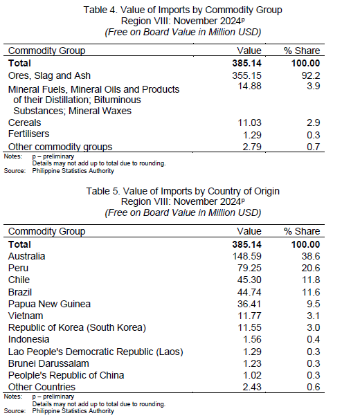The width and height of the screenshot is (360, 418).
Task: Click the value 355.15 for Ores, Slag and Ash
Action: point(246,75)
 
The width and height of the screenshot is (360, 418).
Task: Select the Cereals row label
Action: point(24,122)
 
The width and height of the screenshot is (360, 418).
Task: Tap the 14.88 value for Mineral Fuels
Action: point(250,86)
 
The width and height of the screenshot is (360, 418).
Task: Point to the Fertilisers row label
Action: point(29,134)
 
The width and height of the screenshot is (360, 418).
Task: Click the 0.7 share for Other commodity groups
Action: point(313,147)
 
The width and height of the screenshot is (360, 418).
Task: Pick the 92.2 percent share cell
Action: point(311,75)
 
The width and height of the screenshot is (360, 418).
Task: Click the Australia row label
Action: point(27,256)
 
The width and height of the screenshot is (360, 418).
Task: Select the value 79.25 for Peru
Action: point(249,268)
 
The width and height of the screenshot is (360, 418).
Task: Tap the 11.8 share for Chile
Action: point(311,280)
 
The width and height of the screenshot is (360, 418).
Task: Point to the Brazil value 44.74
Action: point(249,292)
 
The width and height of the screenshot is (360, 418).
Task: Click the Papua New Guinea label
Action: point(49,304)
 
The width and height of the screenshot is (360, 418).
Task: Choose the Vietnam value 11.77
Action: point(250,316)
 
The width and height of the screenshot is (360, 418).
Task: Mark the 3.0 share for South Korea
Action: point(313,327)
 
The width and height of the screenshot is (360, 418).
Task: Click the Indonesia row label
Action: point(29,339)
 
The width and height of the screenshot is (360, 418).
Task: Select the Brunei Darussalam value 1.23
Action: point(252,363)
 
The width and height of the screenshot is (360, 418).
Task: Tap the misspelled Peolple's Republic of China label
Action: point(66,375)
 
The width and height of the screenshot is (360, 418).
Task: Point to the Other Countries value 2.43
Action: point(252,387)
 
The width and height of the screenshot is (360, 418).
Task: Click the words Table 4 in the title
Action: point(100,10)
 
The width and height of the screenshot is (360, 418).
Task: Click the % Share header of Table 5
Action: point(302,231)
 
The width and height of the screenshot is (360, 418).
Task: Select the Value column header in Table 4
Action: point(249,51)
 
